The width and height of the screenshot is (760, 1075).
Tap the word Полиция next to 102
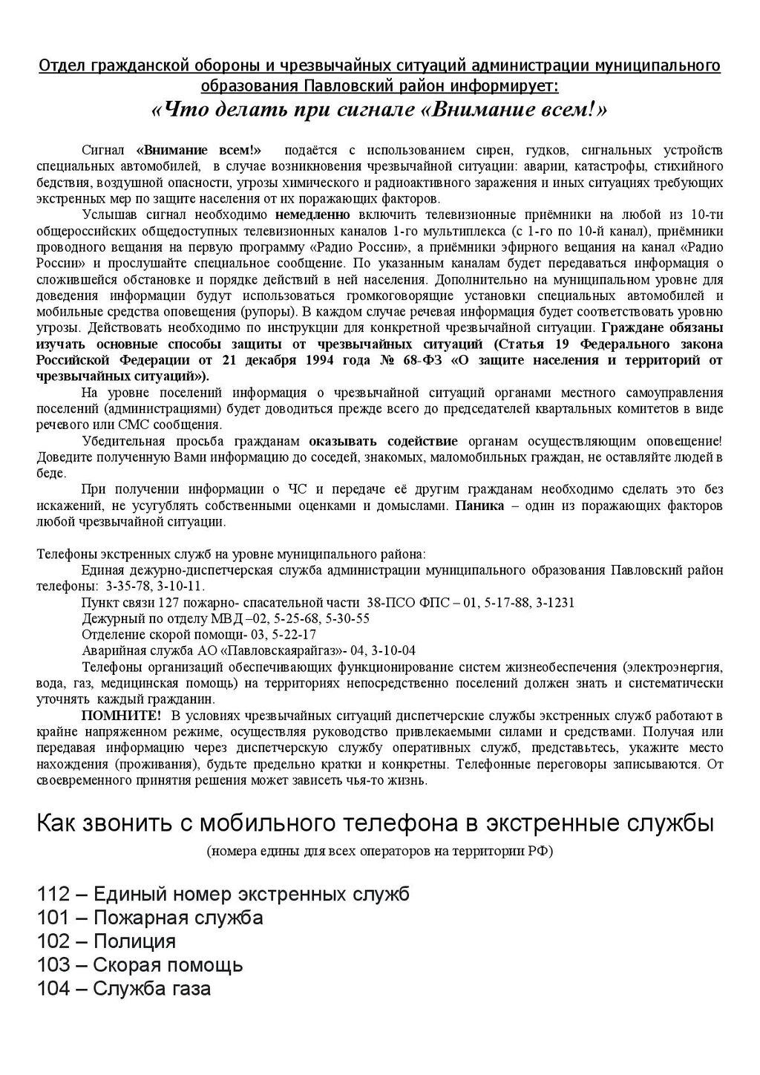134,941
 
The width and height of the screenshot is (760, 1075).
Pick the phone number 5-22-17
291,634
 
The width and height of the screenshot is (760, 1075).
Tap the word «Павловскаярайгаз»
269,650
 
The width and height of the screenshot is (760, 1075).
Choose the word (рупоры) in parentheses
268,312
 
